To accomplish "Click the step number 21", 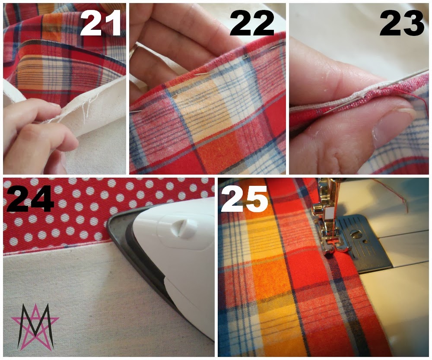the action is pos(101,23).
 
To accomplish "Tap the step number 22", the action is pos(252,23).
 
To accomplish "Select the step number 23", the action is pos(402,23).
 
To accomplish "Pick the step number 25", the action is pos(244,198).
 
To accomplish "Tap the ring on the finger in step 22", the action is pos(134,50).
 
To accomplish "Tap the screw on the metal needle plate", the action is pos(356,235).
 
